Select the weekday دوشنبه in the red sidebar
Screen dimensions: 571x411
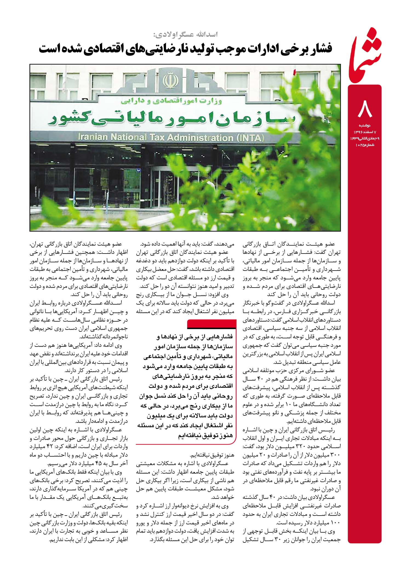[x=365, y=125]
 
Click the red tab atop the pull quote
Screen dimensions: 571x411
[x=211, y=325]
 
